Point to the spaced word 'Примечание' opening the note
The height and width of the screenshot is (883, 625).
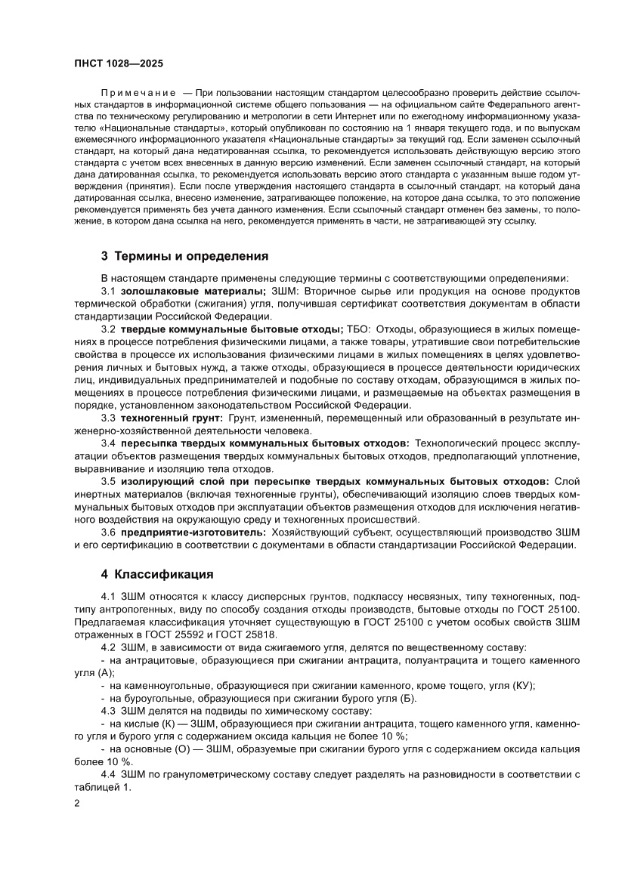tap(139, 91)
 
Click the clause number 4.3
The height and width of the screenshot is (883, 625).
tap(108, 711)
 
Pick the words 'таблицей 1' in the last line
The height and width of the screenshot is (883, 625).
tap(102, 787)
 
